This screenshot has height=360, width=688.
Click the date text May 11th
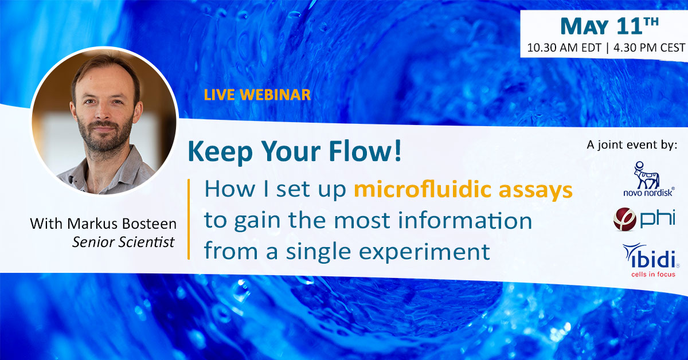[609, 25]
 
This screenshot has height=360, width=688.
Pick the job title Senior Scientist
[123, 242]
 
